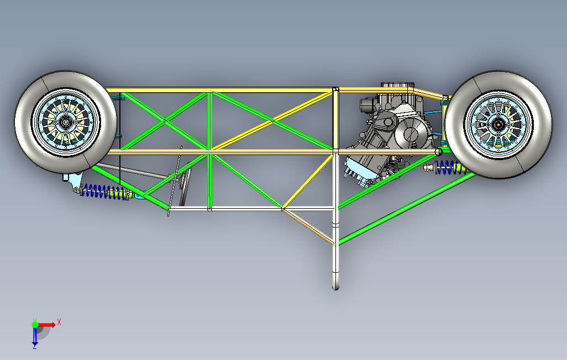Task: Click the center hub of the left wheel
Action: pyautogui.click(x=65, y=122)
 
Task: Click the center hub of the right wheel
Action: pyautogui.click(x=498, y=125)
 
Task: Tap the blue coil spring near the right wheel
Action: pyautogui.click(x=449, y=167)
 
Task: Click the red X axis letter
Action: pyautogui.click(x=59, y=322)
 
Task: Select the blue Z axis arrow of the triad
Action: pyautogui.click(x=35, y=336)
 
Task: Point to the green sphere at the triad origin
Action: pyautogui.click(x=35, y=324)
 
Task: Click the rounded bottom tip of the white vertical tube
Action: pyautogui.click(x=336, y=287)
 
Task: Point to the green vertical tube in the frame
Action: pyautogui.click(x=209, y=150)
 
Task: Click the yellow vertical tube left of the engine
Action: pyautogui.click(x=335, y=119)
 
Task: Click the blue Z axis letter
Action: pyautogui.click(x=35, y=347)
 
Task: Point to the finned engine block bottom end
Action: pyautogui.click(x=358, y=172)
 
